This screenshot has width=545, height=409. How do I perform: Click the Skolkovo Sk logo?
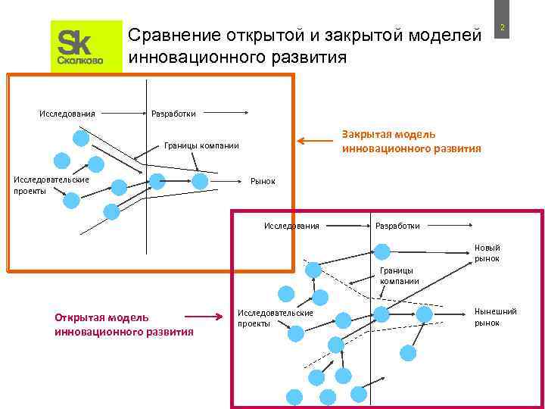86,47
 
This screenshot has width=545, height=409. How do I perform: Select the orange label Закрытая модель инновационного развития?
411,142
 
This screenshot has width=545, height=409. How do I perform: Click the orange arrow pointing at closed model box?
311,140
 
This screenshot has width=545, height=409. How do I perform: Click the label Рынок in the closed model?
263,182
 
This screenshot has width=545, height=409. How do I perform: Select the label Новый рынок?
487,253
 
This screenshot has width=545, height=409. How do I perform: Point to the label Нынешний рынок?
495,317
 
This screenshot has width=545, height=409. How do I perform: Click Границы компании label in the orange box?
202,145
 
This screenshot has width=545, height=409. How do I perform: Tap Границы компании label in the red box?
400,275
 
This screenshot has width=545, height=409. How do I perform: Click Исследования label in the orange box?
67,114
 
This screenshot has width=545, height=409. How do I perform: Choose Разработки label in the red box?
397,225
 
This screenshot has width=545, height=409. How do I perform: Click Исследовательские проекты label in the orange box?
51,185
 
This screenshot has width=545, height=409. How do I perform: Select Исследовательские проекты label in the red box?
275,317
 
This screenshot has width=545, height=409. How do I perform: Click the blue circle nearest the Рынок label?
200,181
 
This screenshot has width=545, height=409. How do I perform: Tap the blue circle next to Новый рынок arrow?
383,252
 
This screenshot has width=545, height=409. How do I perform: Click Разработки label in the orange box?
173,114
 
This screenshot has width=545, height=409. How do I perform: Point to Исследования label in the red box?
291,225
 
